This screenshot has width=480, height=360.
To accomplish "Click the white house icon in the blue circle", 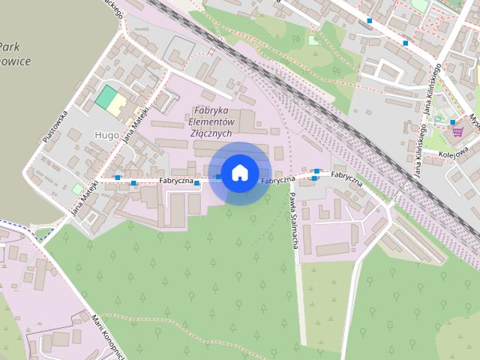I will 239,172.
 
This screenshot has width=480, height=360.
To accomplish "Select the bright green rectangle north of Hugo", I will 106,97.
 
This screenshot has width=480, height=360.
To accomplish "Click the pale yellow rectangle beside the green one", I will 118,106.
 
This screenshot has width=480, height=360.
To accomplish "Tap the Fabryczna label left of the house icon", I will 176,181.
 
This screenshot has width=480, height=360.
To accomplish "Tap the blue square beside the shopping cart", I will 454,122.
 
